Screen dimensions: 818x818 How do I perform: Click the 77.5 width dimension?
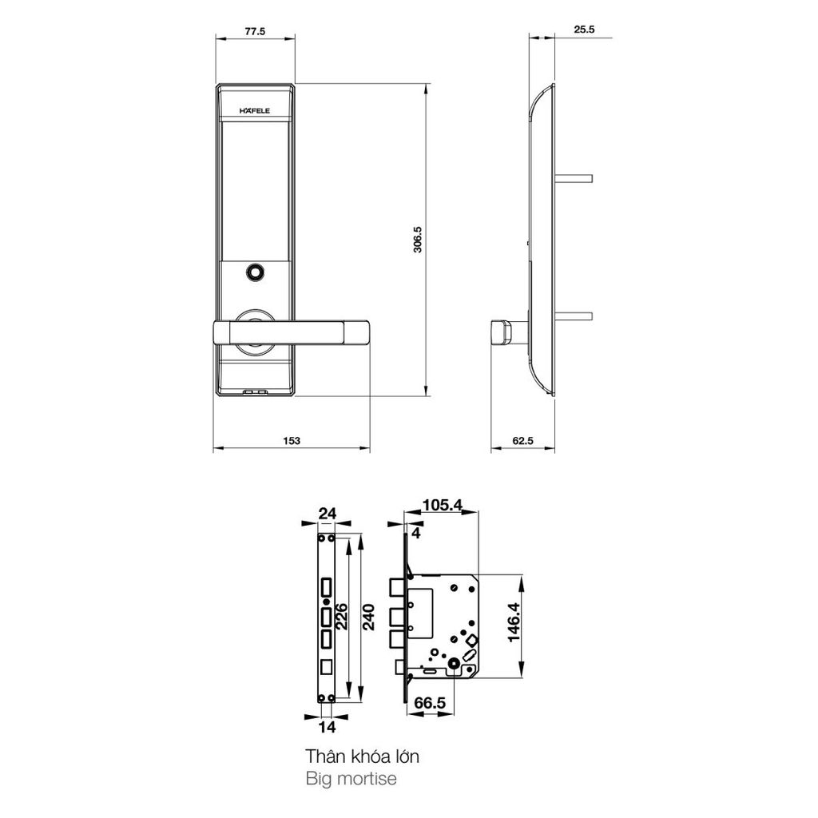(x=255, y=31)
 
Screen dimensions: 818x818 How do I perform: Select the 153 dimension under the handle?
(x=292, y=442)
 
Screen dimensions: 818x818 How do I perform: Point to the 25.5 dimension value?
(x=585, y=30)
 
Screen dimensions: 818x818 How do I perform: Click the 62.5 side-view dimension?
(x=522, y=442)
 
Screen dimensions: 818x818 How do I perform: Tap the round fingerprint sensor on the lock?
(x=256, y=272)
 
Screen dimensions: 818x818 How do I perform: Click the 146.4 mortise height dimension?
(x=513, y=624)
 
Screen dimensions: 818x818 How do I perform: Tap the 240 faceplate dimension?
(x=369, y=617)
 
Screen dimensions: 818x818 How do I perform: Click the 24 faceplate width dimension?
(x=327, y=514)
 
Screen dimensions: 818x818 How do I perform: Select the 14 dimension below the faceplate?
(x=327, y=727)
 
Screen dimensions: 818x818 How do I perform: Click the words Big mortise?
(x=351, y=778)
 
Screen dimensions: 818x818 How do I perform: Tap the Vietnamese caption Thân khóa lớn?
(x=362, y=755)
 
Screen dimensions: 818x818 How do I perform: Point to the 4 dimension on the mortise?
(x=415, y=532)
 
